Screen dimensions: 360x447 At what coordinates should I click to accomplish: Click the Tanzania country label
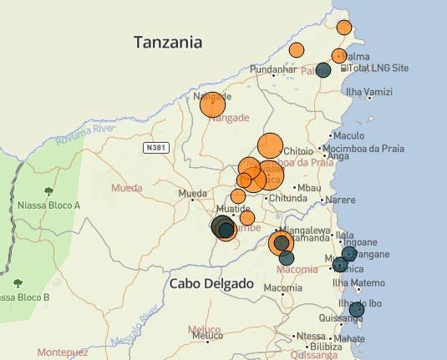(171, 41)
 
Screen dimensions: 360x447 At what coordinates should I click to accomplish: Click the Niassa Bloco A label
(48, 205)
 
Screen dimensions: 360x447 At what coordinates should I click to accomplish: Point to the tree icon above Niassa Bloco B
(18, 284)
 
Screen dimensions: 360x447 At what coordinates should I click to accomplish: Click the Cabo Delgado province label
(211, 284)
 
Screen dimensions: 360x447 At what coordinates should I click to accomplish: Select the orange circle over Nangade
(213, 104)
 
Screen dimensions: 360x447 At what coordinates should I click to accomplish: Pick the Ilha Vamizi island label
(369, 91)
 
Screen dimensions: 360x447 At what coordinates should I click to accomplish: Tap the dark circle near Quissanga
(357, 310)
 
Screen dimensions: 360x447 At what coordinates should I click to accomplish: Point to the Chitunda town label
(288, 199)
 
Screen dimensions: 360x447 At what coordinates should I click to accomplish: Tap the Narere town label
(340, 200)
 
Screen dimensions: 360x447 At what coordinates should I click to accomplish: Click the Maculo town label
(349, 135)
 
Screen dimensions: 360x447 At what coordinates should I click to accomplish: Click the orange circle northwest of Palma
(296, 50)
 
